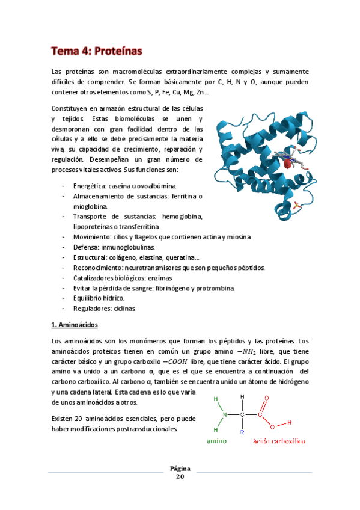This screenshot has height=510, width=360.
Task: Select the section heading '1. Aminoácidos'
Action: click(x=76, y=325)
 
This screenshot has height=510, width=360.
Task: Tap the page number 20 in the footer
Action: click(x=180, y=476)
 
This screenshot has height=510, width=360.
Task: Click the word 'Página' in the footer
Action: click(x=180, y=468)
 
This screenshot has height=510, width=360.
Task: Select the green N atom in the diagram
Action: click(x=225, y=414)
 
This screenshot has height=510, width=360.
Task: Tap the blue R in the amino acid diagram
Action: click(x=242, y=432)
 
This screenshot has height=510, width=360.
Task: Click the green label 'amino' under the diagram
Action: click(x=217, y=441)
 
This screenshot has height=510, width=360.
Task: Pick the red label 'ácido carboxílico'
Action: click(x=279, y=441)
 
